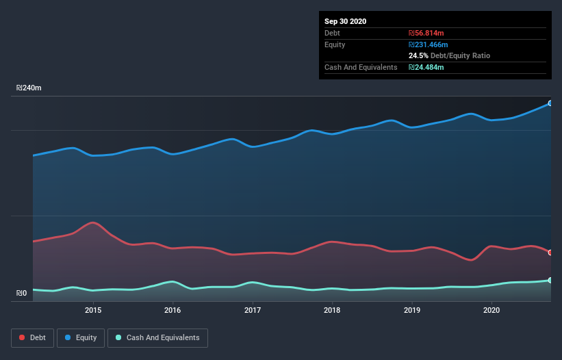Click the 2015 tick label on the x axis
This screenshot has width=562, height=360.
click(x=93, y=310)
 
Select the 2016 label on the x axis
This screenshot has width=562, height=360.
click(x=173, y=310)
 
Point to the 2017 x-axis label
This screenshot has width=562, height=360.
click(x=253, y=310)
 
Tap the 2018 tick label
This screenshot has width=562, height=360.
click(x=332, y=310)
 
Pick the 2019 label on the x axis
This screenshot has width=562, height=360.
click(x=411, y=310)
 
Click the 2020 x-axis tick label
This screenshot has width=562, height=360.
click(x=491, y=310)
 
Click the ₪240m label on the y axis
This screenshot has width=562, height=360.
click(x=29, y=88)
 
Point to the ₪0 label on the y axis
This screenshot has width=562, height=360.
click(x=22, y=294)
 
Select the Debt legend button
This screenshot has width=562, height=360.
click(x=32, y=337)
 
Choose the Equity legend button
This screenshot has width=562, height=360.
click(x=81, y=337)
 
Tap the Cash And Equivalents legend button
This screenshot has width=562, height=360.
click(x=157, y=337)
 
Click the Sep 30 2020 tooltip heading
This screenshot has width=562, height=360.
click(x=346, y=21)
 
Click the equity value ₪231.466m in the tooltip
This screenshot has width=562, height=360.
click(x=428, y=44)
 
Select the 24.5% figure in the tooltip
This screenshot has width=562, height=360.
click(x=418, y=55)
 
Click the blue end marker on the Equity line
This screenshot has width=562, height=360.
click(x=550, y=103)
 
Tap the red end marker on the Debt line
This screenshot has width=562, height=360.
click(x=550, y=253)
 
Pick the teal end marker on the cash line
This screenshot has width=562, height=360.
click(x=550, y=280)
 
